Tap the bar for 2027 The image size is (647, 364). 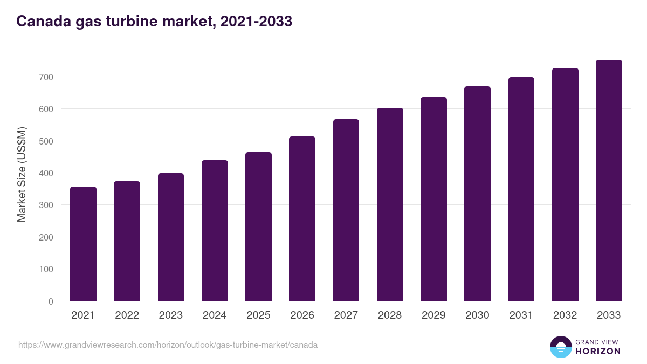click(x=346, y=210)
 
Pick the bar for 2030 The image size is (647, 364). click(x=477, y=194)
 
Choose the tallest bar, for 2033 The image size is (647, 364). click(x=609, y=181)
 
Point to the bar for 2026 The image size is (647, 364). click(x=302, y=219)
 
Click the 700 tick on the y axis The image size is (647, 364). click(x=46, y=77)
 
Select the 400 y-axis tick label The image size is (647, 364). click(x=46, y=173)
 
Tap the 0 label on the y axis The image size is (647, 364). click(x=51, y=301)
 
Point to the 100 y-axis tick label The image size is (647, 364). click(x=46, y=269)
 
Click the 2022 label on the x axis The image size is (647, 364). click(x=127, y=315)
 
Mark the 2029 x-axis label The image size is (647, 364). click(x=433, y=315)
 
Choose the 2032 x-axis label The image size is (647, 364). click(x=565, y=315)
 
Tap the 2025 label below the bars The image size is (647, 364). click(x=258, y=315)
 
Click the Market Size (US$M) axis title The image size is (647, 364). click(x=22, y=174)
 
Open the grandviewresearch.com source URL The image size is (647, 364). click(x=168, y=345)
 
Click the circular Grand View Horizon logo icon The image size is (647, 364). click(x=561, y=347)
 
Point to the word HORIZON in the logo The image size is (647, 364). click(x=598, y=351)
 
